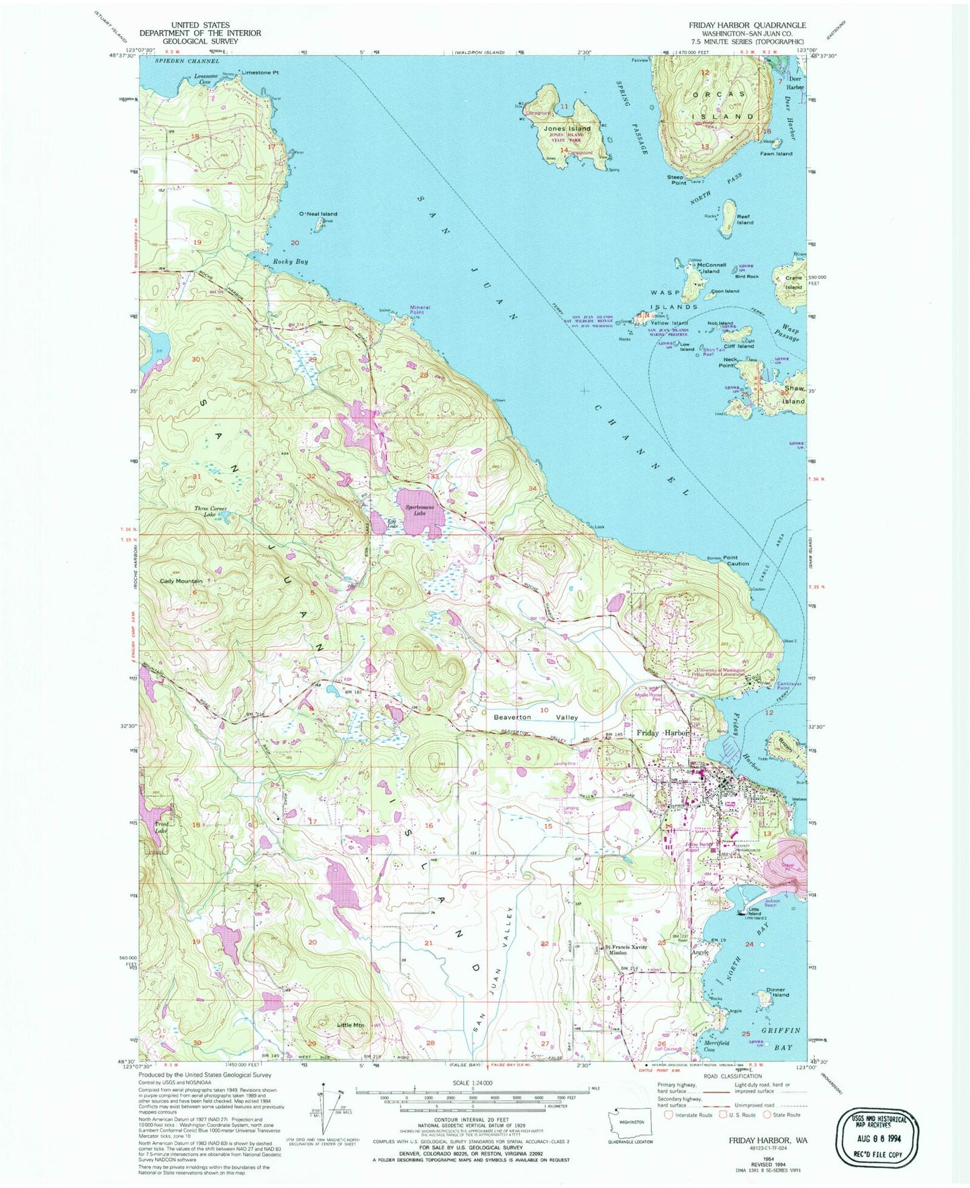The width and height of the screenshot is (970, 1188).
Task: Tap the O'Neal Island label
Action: pyautogui.click(x=318, y=214)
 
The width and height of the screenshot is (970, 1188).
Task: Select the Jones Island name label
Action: pyautogui.click(x=567, y=128)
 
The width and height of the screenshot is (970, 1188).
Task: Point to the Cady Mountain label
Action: pyautogui.click(x=181, y=581)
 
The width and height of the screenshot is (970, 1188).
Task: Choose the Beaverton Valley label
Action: pyautogui.click(x=535, y=717)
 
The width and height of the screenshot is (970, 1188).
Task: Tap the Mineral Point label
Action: pyautogui.click(x=420, y=310)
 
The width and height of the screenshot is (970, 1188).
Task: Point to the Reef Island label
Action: pyautogui.click(x=745, y=219)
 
